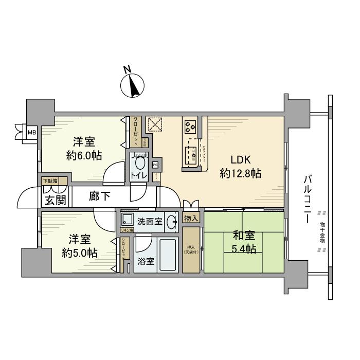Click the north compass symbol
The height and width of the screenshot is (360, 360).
(134, 85)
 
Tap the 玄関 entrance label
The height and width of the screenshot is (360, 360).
(55, 200)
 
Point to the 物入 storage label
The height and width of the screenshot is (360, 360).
(191, 218)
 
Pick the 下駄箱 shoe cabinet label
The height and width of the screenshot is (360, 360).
(50, 181)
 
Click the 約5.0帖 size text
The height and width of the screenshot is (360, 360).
(79, 253)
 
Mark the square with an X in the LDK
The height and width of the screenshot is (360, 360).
(155, 124)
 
